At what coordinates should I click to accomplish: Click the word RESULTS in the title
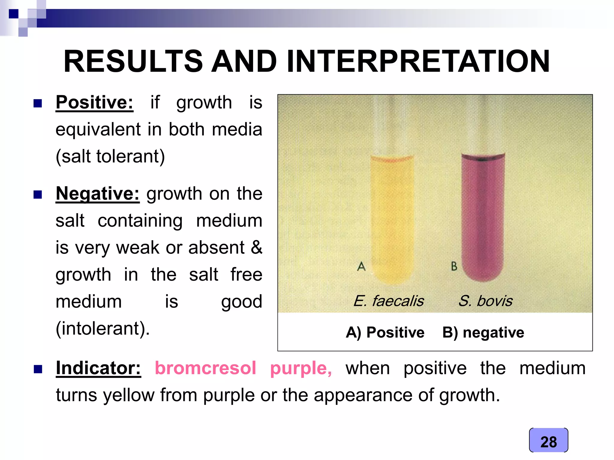coord(133,61)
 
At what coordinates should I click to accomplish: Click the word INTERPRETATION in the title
coord(418,61)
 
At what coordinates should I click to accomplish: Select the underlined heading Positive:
coord(94,102)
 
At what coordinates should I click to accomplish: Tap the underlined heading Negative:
coord(97,194)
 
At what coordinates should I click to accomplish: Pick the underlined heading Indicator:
coord(98,368)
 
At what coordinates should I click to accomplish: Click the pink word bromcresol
coord(205,368)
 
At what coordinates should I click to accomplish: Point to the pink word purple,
coord(301,369)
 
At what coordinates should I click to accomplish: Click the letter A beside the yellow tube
coord(361,266)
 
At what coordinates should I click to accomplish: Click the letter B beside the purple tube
coord(454,266)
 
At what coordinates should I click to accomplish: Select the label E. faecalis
coord(389,301)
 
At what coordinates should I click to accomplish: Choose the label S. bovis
coord(485,301)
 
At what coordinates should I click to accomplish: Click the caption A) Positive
coord(385,333)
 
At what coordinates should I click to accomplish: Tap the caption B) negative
coord(483,333)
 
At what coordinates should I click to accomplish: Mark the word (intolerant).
coord(103,329)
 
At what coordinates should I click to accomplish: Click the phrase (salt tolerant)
coord(110,157)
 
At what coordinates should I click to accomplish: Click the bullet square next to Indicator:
coord(38,369)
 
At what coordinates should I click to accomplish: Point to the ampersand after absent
coord(256,247)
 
